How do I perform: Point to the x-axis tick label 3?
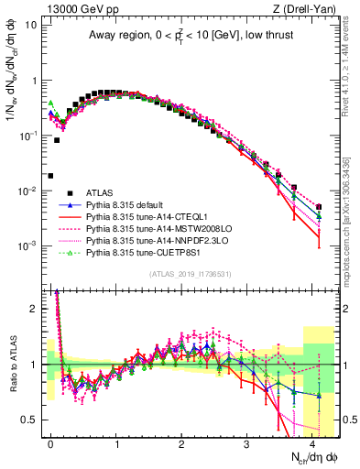[x=247, y=442]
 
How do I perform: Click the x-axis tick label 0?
[x=51, y=442]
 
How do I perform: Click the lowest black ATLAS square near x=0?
[x=51, y=175]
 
